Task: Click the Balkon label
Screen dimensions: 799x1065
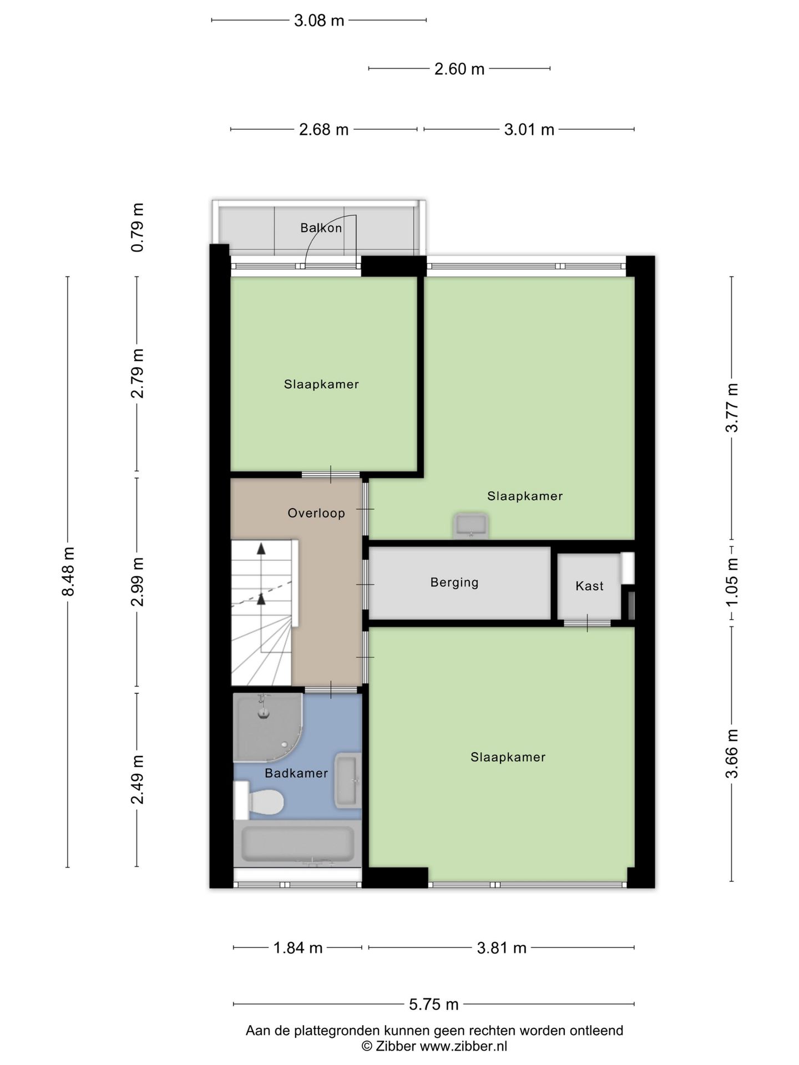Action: coord(321,227)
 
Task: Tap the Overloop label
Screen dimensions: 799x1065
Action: coord(316,513)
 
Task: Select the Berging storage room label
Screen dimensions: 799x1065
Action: coord(454,582)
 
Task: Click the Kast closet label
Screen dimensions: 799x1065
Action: coord(589,586)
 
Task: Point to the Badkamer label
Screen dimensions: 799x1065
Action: coord(296,773)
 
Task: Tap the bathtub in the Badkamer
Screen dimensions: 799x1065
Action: coord(298,845)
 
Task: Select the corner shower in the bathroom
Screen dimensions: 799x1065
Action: coord(269,728)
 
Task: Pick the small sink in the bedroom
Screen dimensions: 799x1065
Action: coord(471,525)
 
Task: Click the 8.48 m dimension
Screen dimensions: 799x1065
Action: coord(68,571)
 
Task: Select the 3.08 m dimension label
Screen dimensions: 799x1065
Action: coord(319,21)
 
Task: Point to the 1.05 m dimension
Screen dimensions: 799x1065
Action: coord(732,582)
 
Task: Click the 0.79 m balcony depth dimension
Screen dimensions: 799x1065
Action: coord(137,227)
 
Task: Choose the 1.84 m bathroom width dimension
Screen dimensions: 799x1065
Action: coord(298,947)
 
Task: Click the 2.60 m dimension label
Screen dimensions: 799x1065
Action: coord(459,69)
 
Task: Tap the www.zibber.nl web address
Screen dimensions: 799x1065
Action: coord(463,1046)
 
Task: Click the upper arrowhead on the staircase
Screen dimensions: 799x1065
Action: coord(261,549)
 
